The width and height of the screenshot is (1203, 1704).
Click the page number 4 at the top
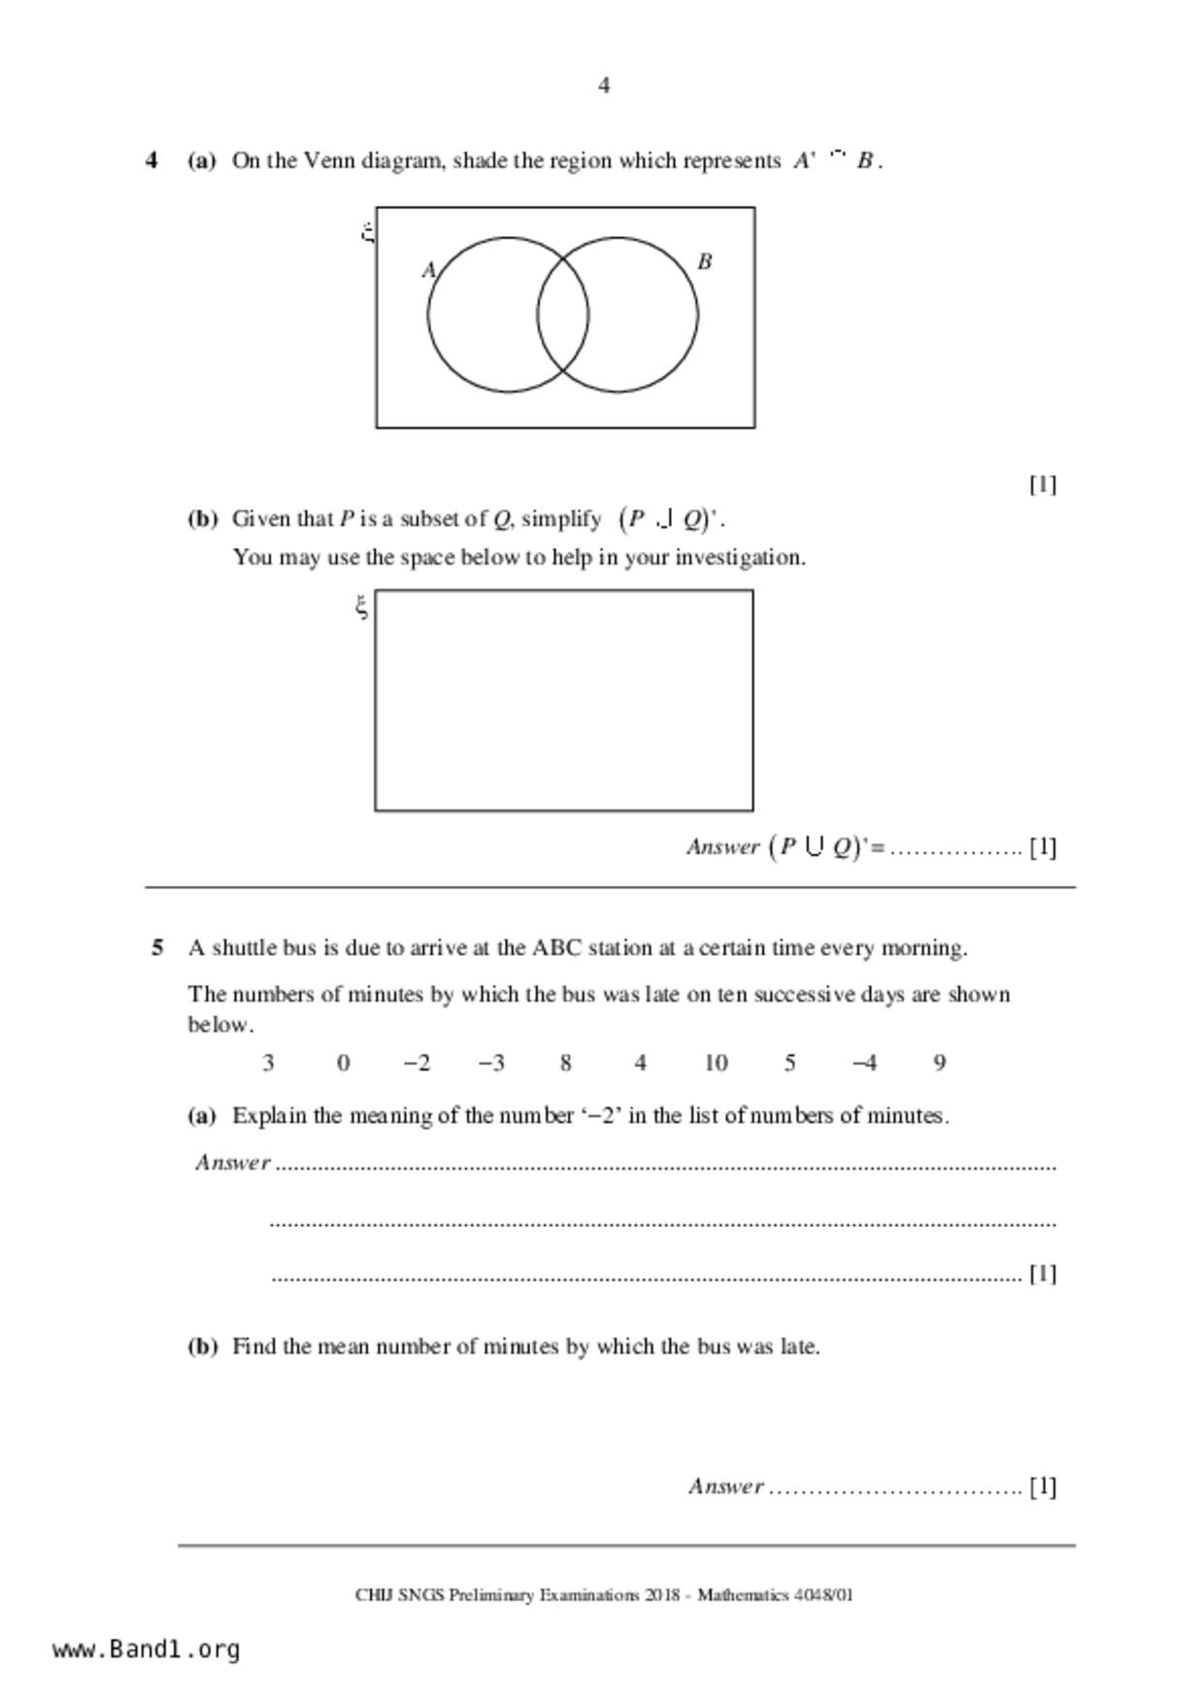(603, 86)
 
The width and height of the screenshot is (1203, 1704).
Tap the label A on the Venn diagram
(428, 270)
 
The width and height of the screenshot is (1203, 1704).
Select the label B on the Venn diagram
(705, 261)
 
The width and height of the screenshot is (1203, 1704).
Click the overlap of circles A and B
(563, 315)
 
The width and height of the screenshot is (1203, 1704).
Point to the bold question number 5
(157, 948)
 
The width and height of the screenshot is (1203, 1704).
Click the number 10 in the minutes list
(716, 1063)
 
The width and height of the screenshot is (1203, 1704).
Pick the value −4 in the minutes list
(864, 1063)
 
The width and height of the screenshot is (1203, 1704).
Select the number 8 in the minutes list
(565, 1063)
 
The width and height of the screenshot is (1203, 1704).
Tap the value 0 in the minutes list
(343, 1063)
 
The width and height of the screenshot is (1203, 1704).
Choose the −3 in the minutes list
(491, 1063)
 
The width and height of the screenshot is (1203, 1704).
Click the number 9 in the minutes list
(939, 1063)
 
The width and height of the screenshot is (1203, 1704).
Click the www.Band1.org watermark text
(146, 1650)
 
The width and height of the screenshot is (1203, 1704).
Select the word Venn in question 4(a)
(329, 161)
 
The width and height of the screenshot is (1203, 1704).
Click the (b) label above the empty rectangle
(202, 519)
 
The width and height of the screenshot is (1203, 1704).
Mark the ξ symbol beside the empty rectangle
(361, 608)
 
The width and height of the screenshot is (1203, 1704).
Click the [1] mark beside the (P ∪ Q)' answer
(1043, 847)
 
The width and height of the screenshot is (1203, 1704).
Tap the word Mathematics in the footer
(742, 1595)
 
